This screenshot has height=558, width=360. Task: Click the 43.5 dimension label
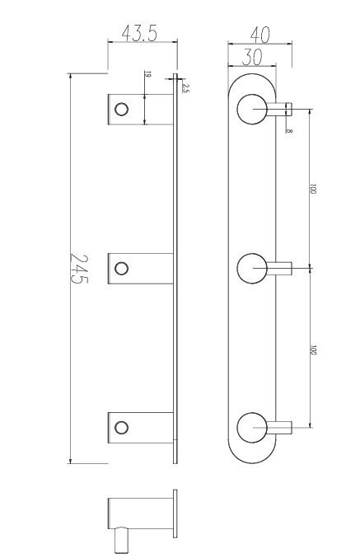[140, 34]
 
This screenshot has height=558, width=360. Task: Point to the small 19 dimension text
[147, 75]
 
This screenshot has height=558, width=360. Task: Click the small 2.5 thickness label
[186, 88]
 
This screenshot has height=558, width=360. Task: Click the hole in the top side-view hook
[122, 109]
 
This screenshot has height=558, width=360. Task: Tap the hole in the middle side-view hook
[122, 267]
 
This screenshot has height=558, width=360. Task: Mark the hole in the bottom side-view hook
[122, 426]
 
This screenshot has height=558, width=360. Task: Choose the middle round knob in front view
[251, 269]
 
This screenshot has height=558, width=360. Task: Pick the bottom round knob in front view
[251, 428]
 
